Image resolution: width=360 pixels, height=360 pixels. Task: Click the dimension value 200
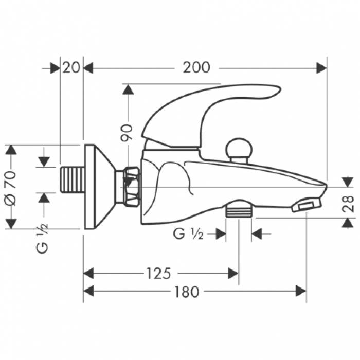196,67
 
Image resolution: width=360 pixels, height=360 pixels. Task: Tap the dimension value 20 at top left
71,67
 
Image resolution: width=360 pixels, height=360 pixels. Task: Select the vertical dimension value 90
128,132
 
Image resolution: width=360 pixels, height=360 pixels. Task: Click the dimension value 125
158,273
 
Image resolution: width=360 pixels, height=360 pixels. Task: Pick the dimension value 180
186,292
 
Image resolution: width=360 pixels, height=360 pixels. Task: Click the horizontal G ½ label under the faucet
188,234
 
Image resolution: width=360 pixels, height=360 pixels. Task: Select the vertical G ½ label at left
43,239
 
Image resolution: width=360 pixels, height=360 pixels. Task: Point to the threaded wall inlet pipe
71,179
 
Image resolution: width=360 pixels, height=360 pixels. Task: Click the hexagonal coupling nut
132,186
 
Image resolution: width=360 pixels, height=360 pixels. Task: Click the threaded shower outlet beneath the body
239,210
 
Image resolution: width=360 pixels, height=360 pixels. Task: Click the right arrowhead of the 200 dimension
322,67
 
